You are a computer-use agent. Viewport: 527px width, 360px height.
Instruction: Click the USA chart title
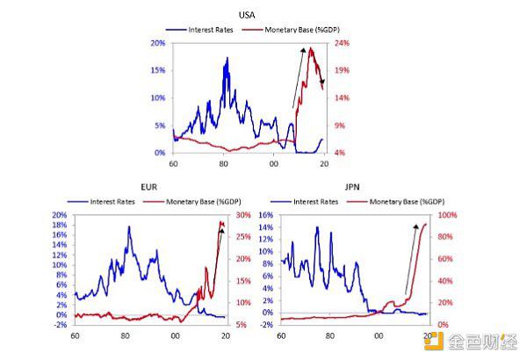coord(248,15)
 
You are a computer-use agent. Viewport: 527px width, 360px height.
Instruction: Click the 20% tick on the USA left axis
coord(159,42)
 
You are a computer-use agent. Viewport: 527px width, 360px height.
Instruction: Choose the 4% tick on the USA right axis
coord(338,153)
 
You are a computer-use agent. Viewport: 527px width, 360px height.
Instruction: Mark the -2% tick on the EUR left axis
coord(61,325)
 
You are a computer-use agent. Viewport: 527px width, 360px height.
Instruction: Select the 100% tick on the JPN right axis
coord(448,215)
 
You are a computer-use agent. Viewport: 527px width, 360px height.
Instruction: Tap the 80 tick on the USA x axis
coord(224,164)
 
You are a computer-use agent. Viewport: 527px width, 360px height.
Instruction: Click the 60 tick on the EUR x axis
coord(75,336)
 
